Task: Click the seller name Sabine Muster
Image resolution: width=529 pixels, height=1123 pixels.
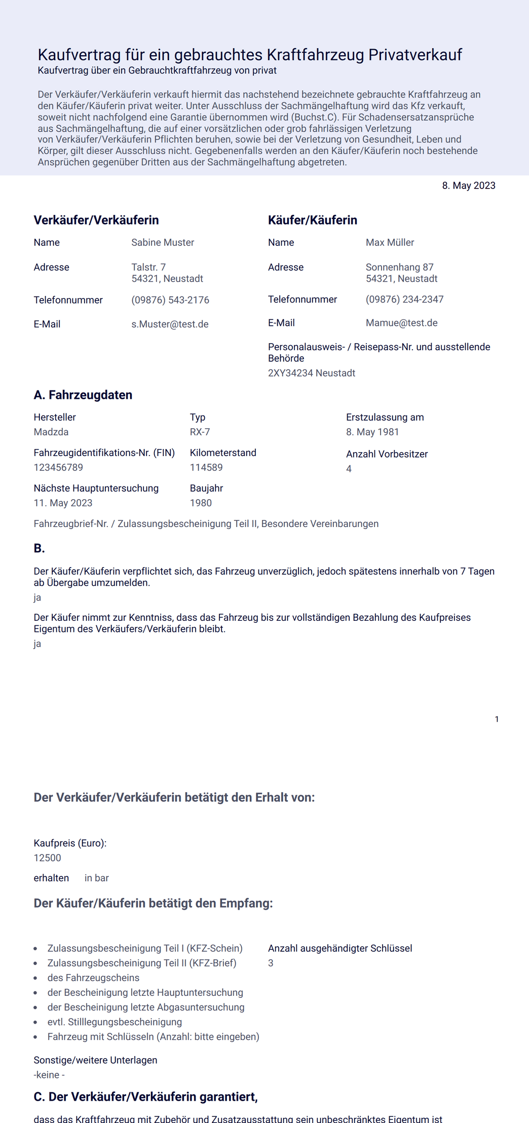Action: tap(163, 243)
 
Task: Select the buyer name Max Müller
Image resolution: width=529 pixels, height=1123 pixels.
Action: tap(390, 243)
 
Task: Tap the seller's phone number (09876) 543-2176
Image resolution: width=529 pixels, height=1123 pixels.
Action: tap(170, 300)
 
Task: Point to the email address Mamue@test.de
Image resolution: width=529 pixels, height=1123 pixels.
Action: tap(401, 323)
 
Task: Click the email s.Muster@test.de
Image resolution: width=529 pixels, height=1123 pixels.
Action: tap(170, 324)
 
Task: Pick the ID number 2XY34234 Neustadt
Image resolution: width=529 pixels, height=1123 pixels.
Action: tap(311, 373)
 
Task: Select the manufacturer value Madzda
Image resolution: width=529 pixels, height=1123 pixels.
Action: tap(51, 432)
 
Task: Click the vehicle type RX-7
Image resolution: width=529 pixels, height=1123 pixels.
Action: tap(200, 432)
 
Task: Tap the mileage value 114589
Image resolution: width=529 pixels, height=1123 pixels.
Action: tap(206, 467)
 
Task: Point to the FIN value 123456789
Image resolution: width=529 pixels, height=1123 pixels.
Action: tap(58, 467)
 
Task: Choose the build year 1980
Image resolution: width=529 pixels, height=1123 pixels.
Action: tap(201, 503)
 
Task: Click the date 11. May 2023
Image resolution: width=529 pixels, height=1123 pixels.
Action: tap(63, 503)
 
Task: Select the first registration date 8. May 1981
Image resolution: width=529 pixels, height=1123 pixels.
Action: tap(372, 432)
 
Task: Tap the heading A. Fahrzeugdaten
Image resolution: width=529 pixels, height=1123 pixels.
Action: tap(83, 395)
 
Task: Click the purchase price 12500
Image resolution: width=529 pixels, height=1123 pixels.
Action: tap(47, 857)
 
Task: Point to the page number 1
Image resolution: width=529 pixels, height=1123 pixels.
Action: tap(497, 719)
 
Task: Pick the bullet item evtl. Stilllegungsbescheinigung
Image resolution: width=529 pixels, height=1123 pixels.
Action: tap(115, 1022)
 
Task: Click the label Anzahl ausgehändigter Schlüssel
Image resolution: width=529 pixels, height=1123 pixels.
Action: tap(340, 948)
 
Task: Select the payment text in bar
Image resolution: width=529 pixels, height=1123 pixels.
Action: tap(96, 878)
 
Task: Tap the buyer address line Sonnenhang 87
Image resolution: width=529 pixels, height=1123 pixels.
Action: tap(399, 267)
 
